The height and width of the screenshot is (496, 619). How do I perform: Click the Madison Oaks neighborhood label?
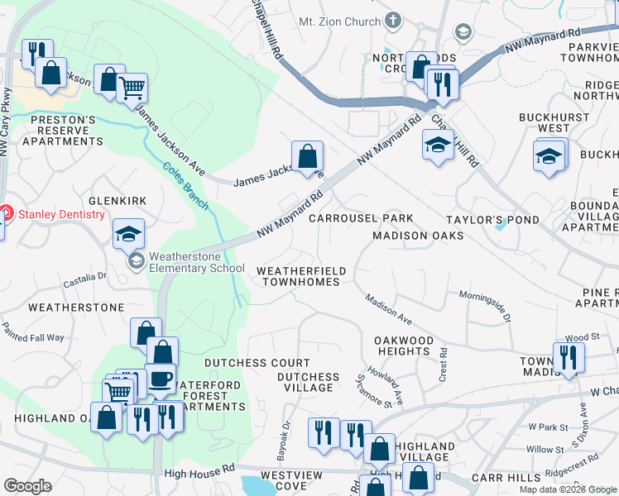point(417,236)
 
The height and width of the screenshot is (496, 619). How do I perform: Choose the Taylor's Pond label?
point(492,220)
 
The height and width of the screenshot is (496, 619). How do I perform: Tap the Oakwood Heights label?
point(404,346)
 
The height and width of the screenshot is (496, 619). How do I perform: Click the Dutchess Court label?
point(257,363)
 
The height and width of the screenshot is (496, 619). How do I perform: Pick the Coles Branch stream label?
point(185,186)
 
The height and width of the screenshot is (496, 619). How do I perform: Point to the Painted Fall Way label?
point(33,337)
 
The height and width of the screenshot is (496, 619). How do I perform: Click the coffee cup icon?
point(161,379)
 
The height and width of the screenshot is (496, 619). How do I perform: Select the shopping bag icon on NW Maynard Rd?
point(307,155)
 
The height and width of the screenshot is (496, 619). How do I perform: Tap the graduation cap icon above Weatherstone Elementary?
point(128,234)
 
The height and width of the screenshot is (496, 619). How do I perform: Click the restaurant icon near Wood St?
point(569,356)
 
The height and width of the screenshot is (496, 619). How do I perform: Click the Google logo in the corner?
point(27,486)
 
